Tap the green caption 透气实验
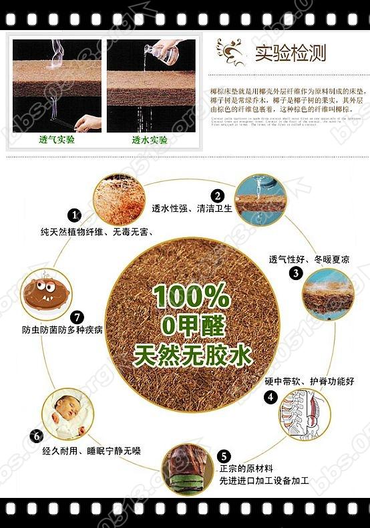57,141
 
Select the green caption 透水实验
149,141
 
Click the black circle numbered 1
75,215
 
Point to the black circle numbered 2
217,196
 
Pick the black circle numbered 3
295,273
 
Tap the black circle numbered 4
271,396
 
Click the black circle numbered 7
77,316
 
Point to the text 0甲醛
193,325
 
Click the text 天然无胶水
192,356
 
